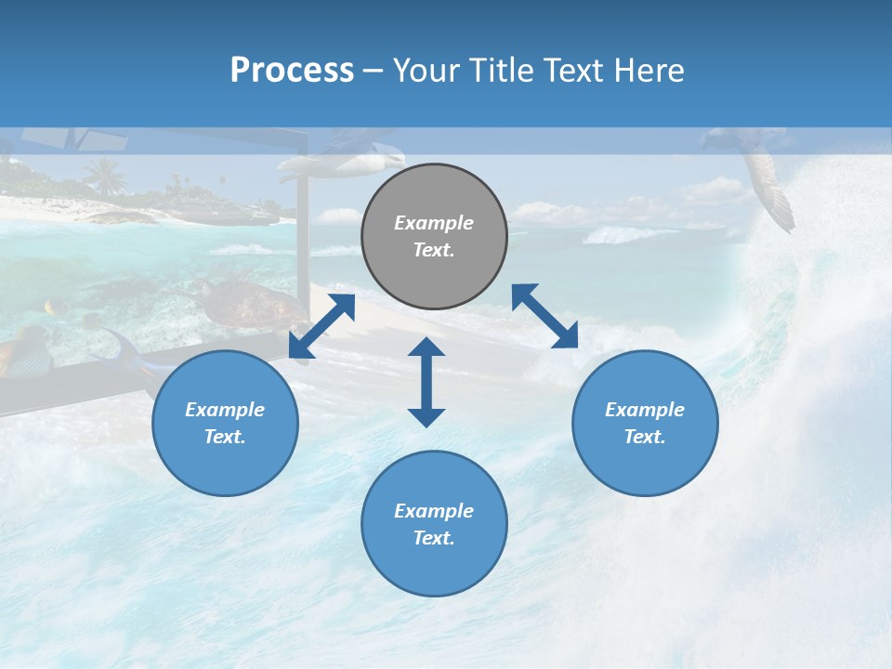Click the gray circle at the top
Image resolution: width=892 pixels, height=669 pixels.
tap(434, 237)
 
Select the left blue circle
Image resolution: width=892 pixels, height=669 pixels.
tap(225, 423)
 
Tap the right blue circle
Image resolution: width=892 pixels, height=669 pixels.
tap(645, 423)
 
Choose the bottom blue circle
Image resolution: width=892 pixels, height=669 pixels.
tap(434, 524)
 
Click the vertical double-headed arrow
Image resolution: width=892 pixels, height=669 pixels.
tap(426, 382)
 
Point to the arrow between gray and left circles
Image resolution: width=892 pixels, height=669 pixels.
tap(321, 326)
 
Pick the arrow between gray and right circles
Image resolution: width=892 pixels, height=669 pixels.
tap(544, 316)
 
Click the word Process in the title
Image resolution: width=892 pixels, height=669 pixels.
tap(292, 70)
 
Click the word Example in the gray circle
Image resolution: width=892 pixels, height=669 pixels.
tap(434, 223)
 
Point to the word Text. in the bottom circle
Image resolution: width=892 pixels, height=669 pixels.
tap(434, 538)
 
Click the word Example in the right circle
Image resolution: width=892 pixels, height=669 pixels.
tap(645, 410)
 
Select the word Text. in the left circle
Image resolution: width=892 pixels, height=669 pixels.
tap(225, 437)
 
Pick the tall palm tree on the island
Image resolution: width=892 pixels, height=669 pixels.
tap(104, 175)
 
